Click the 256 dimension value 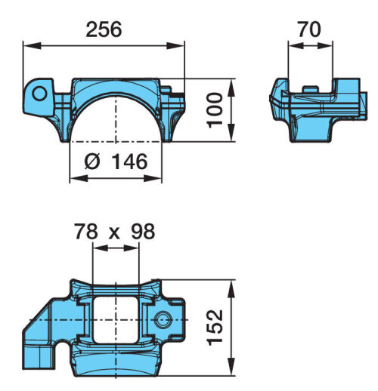(104, 29)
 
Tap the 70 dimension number (309, 29)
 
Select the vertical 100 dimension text (215, 110)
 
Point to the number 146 (129, 162)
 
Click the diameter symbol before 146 (92, 162)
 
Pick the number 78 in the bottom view (86, 232)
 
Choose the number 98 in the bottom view (143, 232)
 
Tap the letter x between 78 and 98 (114, 234)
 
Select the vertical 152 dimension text (215, 328)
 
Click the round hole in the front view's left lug (39, 94)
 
